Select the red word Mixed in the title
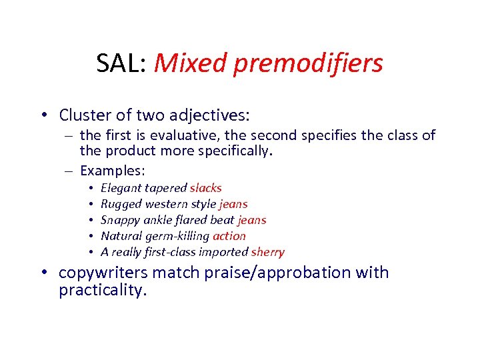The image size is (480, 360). [x=182, y=63]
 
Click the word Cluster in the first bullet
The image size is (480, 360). [x=84, y=115]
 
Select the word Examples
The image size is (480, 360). [x=111, y=169]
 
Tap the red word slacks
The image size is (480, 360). [x=205, y=188]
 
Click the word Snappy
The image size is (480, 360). [x=120, y=220]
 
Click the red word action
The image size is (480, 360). [x=229, y=236]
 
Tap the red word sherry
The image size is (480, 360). [x=268, y=252]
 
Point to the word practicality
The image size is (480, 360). [x=101, y=291]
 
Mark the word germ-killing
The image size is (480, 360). [x=177, y=236]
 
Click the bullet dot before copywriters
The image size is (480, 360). [x=49, y=273]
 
